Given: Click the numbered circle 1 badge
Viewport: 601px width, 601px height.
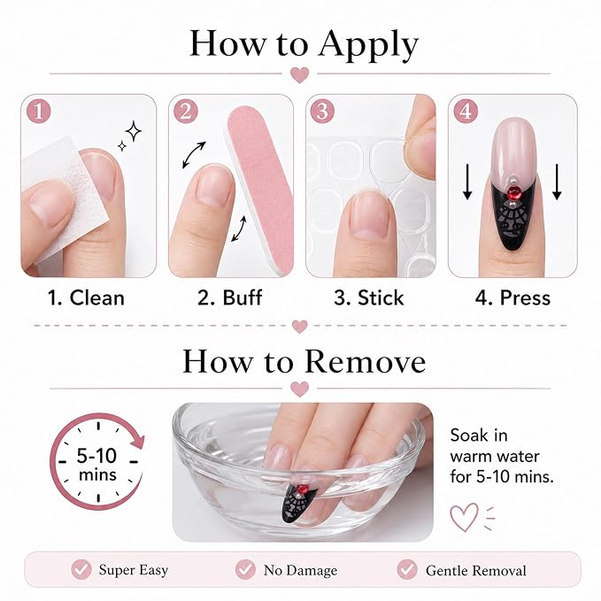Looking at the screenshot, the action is (39, 112).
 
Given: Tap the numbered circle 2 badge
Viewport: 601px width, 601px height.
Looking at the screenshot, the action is (186, 112).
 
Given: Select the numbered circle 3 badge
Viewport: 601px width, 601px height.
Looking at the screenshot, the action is (322, 112).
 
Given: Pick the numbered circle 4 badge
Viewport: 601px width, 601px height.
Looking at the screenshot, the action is (466, 112).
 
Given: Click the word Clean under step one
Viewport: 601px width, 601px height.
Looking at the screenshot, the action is (97, 297).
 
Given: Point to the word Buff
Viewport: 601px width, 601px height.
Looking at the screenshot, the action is (243, 297).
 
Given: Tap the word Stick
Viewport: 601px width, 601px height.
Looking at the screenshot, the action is (381, 297).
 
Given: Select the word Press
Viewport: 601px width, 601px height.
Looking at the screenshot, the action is (525, 297).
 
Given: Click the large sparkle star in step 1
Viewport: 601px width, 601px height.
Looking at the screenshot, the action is (134, 131).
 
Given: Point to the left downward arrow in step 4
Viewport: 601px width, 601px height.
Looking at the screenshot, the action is (466, 181).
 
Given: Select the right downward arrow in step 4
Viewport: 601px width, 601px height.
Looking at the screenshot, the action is (557, 181).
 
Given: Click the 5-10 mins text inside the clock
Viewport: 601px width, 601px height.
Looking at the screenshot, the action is (97, 465).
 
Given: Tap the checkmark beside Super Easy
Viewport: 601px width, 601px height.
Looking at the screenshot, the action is (81, 569).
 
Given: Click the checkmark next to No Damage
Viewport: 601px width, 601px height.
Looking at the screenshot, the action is (245, 569).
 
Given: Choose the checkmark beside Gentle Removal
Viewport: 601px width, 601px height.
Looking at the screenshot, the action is (407, 569).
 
